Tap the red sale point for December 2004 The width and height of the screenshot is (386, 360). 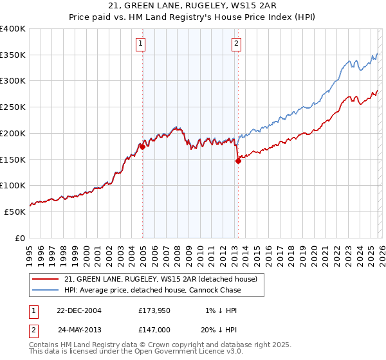click(142, 147)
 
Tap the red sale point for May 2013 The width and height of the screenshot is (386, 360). click(238, 161)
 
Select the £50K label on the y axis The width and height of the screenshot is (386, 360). click(15, 212)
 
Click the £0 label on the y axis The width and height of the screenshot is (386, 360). click(21, 238)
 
